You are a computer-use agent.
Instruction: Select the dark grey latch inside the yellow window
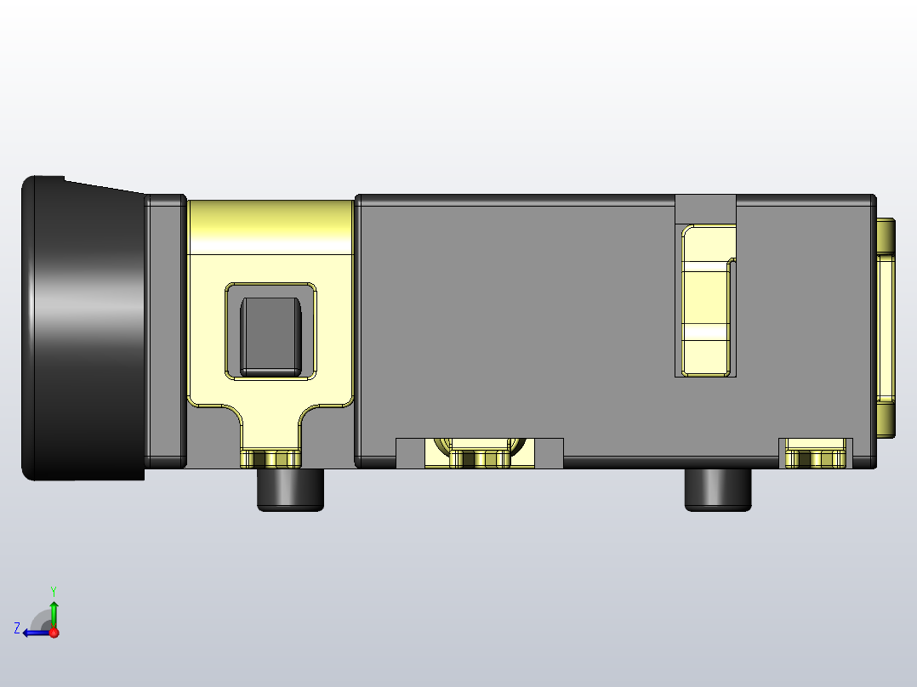270,336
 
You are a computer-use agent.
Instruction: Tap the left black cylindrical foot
290,489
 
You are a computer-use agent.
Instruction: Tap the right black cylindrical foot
718,489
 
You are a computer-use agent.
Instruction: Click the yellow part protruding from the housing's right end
886,327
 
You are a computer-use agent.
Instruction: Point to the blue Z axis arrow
36,633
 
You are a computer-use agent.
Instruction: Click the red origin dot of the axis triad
54,633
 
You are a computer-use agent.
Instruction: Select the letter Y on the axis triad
53,590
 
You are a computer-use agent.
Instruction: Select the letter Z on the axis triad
17,628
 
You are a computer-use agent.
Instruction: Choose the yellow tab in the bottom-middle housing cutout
478,457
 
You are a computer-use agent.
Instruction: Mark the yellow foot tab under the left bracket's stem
271,459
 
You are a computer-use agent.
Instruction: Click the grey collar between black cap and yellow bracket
166,332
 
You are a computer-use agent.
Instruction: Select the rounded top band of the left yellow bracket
270,227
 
